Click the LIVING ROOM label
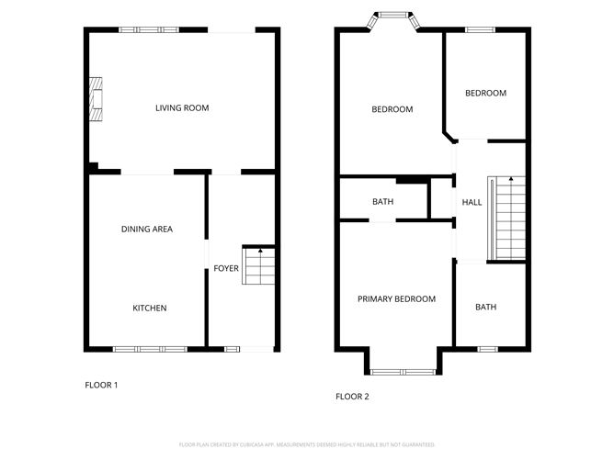(x=181, y=108)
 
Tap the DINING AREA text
(x=147, y=229)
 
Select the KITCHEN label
(x=149, y=308)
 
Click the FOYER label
(x=226, y=269)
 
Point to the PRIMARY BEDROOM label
(x=396, y=298)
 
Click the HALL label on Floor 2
(x=472, y=202)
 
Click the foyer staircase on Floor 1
(x=259, y=265)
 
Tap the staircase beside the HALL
(x=508, y=219)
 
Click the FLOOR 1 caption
(x=101, y=385)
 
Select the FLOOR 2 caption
(x=352, y=397)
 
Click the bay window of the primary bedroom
(x=402, y=371)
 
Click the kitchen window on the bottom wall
(x=150, y=349)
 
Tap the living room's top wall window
(x=149, y=29)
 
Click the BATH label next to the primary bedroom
(x=485, y=307)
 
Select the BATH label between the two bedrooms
(x=383, y=202)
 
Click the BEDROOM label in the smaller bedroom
(x=485, y=93)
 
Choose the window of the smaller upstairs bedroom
(x=480, y=29)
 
